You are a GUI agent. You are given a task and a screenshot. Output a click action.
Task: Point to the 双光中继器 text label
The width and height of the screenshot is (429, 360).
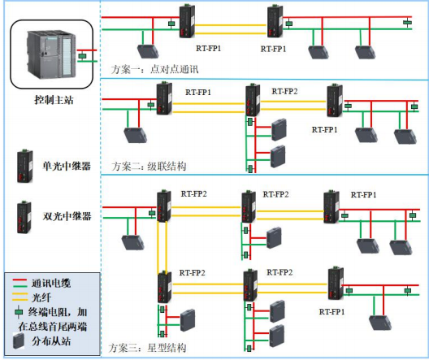click(x=66, y=217)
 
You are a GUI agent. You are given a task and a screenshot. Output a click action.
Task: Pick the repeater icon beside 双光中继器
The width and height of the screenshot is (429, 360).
click(x=24, y=215)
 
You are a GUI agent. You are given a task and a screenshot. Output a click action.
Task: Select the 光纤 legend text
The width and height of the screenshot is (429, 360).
click(x=39, y=297)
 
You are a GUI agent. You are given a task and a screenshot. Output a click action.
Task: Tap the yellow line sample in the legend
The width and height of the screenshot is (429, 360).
click(x=15, y=297)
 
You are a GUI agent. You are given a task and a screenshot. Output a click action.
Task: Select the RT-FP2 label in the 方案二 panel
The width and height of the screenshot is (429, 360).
click(x=284, y=92)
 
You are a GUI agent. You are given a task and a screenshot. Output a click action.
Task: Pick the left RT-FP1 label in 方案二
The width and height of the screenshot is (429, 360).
click(x=198, y=94)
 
